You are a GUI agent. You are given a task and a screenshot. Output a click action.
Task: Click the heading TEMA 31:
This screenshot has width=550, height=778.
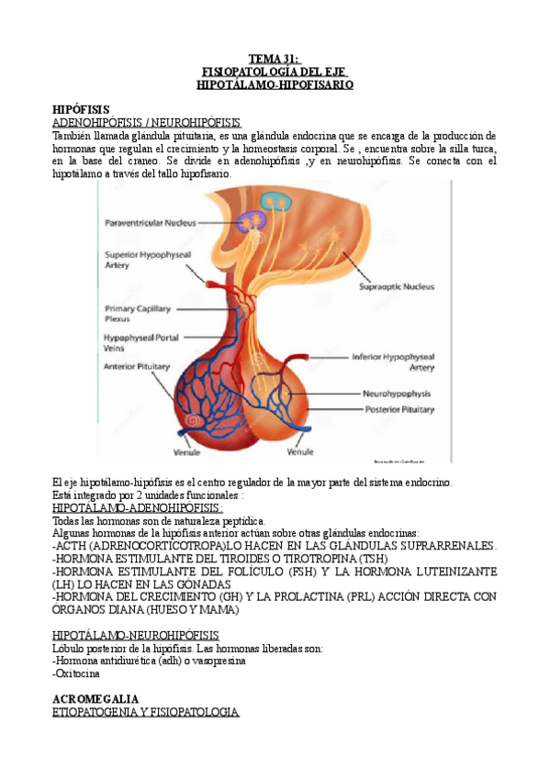pyautogui.click(x=275, y=58)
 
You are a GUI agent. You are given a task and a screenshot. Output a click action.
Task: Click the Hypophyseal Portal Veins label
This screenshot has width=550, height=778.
pyautogui.click(x=140, y=342)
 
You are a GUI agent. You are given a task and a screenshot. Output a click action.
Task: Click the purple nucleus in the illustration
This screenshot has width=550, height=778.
pyautogui.click(x=251, y=221)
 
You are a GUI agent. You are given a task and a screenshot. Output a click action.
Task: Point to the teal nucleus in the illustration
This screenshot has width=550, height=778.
pyautogui.click(x=274, y=200)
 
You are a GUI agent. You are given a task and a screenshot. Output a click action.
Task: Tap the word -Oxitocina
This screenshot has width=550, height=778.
pyautogui.click(x=77, y=673)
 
